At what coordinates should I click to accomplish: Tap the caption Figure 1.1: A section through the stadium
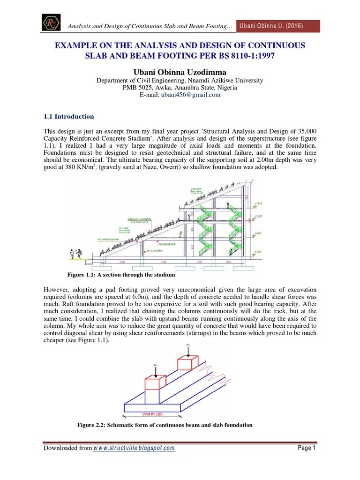tap(121, 275)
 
